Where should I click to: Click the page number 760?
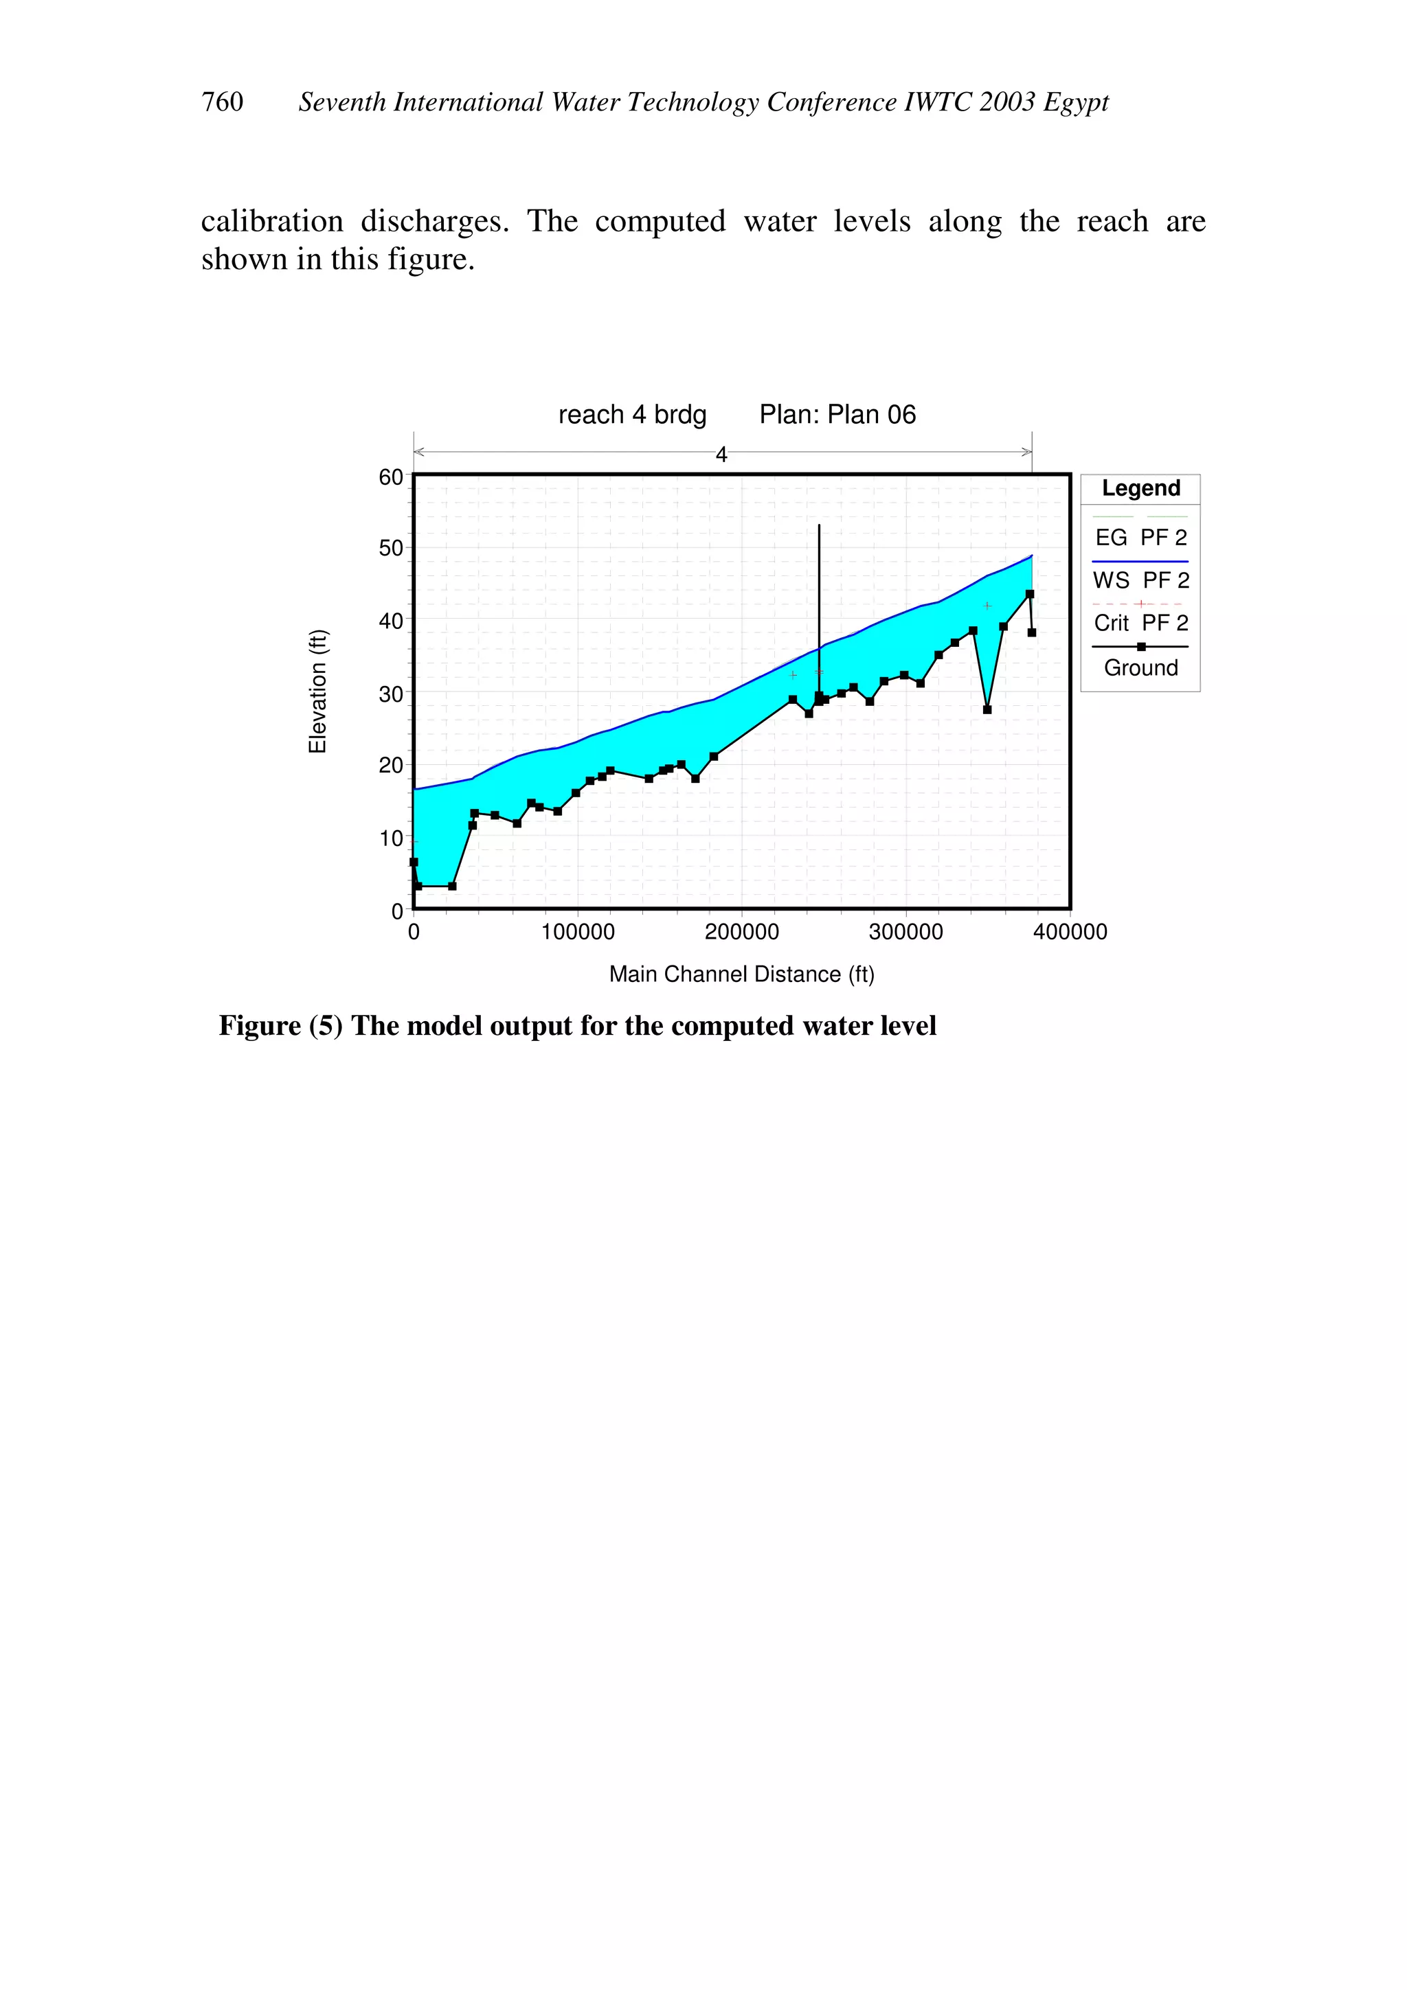pyautogui.click(x=222, y=102)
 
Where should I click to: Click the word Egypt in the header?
pyautogui.click(x=1076, y=102)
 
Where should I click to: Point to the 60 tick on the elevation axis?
pyautogui.click(x=391, y=477)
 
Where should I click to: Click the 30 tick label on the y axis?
pyautogui.click(x=391, y=694)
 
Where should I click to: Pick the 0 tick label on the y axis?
pyautogui.click(x=397, y=911)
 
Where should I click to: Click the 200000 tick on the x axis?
pyautogui.click(x=741, y=932)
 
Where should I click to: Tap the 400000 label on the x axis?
pyautogui.click(x=1070, y=932)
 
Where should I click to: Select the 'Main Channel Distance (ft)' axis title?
pyautogui.click(x=741, y=974)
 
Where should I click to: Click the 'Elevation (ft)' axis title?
pyautogui.click(x=318, y=691)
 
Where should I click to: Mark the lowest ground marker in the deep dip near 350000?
pyautogui.click(x=987, y=709)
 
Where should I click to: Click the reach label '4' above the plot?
pyautogui.click(x=721, y=454)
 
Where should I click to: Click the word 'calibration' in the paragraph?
pyautogui.click(x=272, y=221)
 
